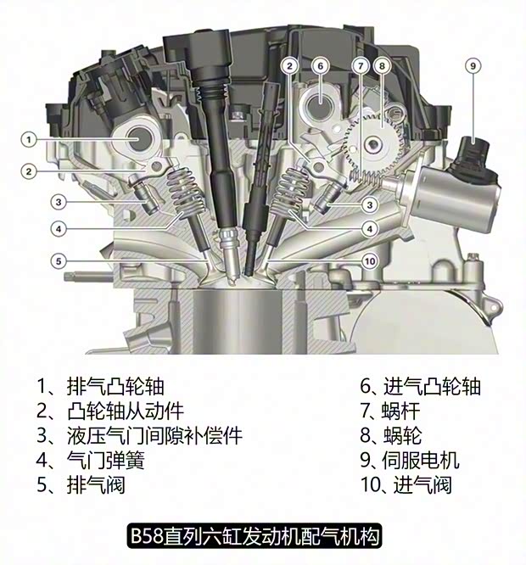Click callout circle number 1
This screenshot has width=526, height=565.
pos(28,138)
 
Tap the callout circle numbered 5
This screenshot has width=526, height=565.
pos(58,261)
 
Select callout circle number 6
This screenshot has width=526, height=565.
pos(319,65)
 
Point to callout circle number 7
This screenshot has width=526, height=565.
pos(361,65)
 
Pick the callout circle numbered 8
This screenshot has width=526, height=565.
pos(382,65)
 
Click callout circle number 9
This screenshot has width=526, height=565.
pos(473,65)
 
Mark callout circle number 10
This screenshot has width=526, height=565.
pos(368,260)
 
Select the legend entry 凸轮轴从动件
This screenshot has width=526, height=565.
pos(110,411)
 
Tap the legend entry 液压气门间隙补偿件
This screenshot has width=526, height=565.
pos(140,436)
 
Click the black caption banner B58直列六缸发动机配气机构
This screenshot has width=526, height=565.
pos(255,536)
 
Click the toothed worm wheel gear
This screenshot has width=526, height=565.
pos(372,144)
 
